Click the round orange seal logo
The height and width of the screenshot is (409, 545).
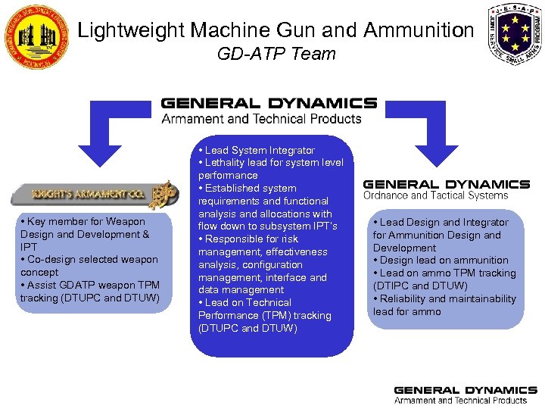36,36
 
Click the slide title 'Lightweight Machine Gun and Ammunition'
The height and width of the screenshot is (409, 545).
276,30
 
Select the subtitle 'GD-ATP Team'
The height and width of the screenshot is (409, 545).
276,54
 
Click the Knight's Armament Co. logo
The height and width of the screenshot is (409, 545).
95,194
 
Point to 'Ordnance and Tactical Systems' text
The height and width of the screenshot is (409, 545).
435,195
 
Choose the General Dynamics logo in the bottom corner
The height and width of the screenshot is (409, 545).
465,394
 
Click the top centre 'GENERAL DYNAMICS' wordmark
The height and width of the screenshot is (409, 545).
269,103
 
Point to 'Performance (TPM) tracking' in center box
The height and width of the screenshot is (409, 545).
265,315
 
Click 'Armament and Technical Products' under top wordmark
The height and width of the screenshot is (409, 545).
262,118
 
